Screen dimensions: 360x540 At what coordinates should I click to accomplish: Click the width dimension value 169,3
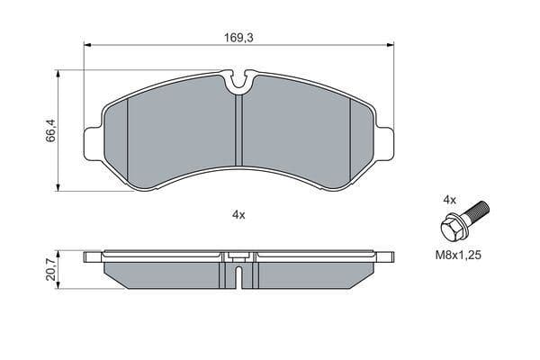[x=238, y=39]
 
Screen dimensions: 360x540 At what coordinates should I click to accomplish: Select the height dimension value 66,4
[x=52, y=132]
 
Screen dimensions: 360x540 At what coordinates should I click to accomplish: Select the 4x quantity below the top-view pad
[x=238, y=215]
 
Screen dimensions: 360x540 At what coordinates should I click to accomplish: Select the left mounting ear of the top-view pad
[x=94, y=144]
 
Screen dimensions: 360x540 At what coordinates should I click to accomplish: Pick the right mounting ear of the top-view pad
[x=384, y=144]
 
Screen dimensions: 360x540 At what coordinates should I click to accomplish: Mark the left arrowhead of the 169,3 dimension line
[x=87, y=45]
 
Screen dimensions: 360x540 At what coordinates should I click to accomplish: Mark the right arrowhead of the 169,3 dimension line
[x=390, y=45]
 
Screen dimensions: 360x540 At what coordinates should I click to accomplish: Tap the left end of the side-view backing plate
[x=90, y=256]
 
